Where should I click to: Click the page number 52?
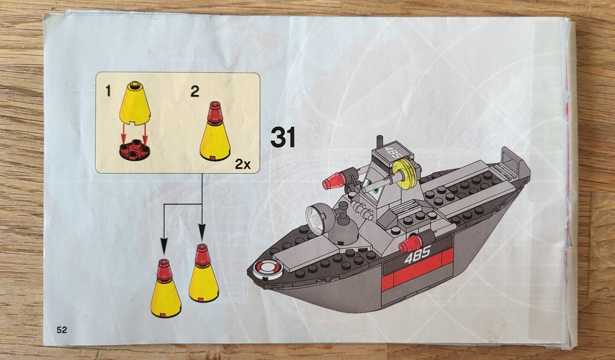61,330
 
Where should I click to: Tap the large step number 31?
283,137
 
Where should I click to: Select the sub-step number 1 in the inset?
108,92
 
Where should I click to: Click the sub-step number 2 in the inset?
195,92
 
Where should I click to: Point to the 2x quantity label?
243,164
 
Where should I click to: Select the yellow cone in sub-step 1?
135,103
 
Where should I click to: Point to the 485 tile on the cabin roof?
391,152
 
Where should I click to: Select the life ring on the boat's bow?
268,270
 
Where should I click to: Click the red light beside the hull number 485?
409,244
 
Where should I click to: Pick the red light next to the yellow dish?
334,181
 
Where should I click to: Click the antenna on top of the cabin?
380,142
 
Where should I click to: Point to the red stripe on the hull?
417,270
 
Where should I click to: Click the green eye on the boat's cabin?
376,191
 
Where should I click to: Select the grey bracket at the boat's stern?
513,160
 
